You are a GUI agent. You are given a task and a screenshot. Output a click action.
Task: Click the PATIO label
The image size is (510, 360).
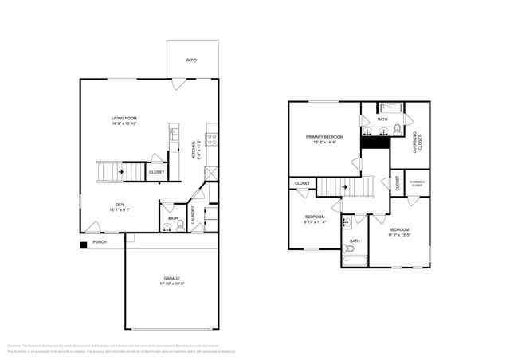click(x=190, y=61)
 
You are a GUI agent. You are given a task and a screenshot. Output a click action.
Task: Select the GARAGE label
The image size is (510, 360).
click(x=171, y=279)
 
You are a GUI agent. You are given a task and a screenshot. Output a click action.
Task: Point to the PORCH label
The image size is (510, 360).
click(x=100, y=241)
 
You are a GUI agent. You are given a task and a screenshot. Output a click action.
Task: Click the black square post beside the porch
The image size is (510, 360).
click(x=84, y=245)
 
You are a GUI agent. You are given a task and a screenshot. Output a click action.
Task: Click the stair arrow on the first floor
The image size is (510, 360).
click(x=120, y=170)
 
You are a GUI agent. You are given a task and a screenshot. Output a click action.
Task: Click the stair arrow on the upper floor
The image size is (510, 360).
click(x=345, y=188)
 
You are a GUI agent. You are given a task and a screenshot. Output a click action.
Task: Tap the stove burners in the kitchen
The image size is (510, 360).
click(x=212, y=140)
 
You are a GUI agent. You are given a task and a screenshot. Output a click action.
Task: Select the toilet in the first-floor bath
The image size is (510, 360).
click(x=181, y=225)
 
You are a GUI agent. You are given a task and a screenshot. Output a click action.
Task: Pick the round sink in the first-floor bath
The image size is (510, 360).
click(x=167, y=225)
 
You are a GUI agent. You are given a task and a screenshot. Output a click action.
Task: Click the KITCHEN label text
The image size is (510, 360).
click(x=194, y=150)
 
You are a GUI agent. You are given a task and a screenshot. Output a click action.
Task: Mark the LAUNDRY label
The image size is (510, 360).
click(x=194, y=215)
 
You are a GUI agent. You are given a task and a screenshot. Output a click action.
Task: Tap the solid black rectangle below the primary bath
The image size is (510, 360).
click(x=375, y=143)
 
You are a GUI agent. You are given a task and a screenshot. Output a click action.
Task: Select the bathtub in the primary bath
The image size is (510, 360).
click(x=390, y=108)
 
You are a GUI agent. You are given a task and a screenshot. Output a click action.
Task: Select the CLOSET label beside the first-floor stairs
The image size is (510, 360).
click(x=157, y=172)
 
